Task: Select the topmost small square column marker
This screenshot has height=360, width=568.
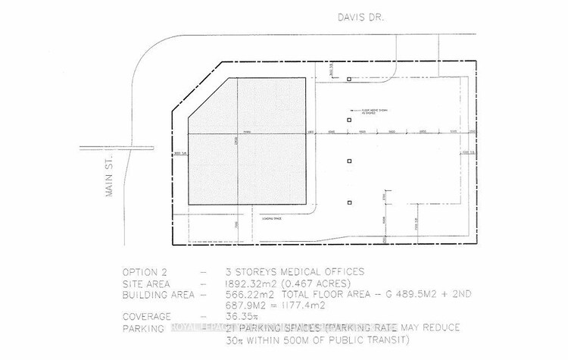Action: click(349, 80)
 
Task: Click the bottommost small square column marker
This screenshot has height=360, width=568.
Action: click(349, 202)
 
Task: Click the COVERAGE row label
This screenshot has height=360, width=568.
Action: click(148, 318)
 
